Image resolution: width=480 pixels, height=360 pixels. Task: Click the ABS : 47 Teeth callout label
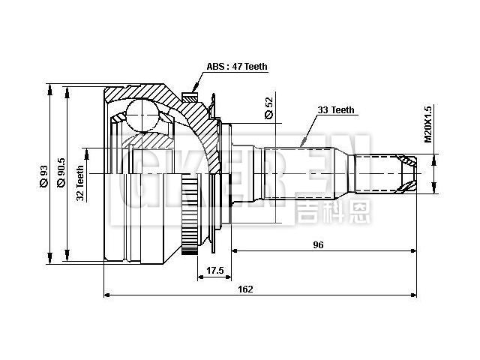237,67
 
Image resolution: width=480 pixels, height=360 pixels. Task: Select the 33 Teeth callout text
335,109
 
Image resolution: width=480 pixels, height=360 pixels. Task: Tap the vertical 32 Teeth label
80,184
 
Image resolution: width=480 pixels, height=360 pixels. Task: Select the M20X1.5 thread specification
428,123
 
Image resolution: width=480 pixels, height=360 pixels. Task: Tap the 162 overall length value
245,289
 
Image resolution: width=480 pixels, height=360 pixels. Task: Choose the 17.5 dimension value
215,271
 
